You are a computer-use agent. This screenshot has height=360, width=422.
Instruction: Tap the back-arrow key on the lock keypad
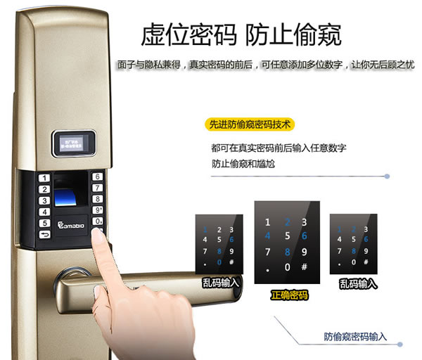44,234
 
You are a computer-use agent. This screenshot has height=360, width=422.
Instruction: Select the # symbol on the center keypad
305,267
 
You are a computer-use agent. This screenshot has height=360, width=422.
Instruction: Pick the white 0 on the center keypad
286,267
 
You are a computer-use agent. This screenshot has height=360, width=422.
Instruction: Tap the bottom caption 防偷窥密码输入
355,337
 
